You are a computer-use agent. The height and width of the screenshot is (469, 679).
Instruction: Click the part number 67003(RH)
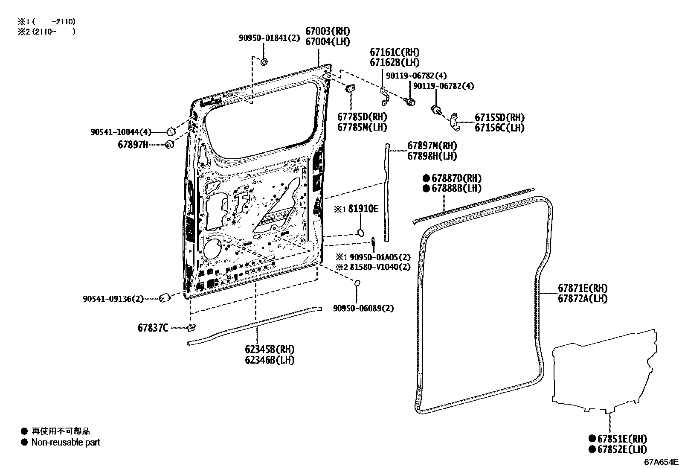(x=328, y=31)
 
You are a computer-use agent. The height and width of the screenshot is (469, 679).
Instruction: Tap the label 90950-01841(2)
(x=269, y=38)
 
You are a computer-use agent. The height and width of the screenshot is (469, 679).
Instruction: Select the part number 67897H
(x=133, y=145)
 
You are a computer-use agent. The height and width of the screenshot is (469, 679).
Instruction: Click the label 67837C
(x=153, y=328)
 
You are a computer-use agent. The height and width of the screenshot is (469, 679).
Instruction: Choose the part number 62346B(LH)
(x=270, y=360)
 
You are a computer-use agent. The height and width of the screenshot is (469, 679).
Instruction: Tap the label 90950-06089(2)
(x=363, y=308)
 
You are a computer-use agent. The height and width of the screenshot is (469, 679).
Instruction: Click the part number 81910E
(x=363, y=209)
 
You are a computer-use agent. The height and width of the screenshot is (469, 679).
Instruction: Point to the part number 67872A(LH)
(x=583, y=299)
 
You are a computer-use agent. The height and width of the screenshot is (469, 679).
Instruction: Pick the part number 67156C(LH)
(x=500, y=128)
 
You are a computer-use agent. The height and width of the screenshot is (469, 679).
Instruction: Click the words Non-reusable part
(x=66, y=442)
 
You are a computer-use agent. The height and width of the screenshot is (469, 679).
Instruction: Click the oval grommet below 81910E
(x=360, y=233)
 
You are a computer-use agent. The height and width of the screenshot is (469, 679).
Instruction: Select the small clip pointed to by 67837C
(x=192, y=328)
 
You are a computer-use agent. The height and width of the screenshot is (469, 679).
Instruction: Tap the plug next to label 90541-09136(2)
(x=165, y=298)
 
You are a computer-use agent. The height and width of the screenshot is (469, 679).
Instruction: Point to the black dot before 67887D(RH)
(x=426, y=178)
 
